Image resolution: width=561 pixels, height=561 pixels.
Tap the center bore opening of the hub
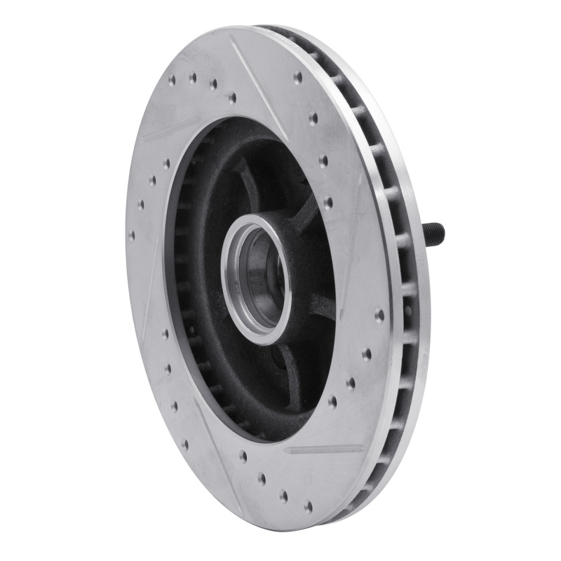click(256, 267)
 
